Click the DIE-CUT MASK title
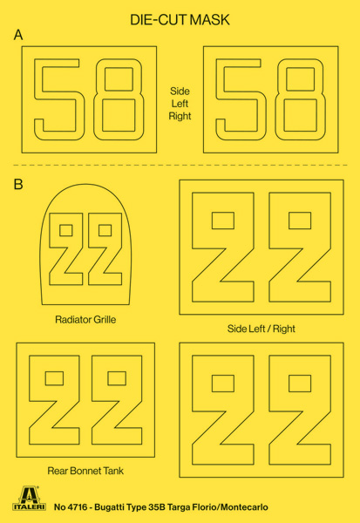click(180, 20)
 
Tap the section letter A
click(18, 35)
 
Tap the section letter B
click(18, 184)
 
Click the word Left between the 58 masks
click(180, 104)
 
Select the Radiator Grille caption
click(85, 320)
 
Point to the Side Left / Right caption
click(262, 329)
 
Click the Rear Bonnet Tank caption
click(85, 471)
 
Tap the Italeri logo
click(30, 499)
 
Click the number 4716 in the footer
click(78, 507)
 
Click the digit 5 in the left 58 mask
click(57, 99)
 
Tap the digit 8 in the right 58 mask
click(300, 99)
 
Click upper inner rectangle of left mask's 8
click(119, 78)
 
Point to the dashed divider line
click(180, 165)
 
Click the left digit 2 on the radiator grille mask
click(65, 249)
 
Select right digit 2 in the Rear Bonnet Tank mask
click(117, 399)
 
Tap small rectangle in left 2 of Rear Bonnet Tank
click(54, 378)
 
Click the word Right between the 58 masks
click(180, 117)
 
